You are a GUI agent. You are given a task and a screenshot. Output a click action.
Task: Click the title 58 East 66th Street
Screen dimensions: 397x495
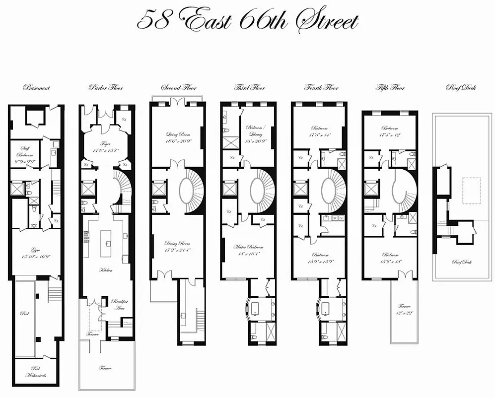coord(247,21)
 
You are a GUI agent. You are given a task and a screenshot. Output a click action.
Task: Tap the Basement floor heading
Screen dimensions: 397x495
coord(36,88)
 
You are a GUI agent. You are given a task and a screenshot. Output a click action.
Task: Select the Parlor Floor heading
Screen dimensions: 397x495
coord(106,88)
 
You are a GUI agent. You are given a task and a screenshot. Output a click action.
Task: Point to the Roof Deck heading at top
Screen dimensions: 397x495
coord(462,88)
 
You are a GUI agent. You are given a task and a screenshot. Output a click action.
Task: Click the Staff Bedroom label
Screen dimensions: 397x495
coord(25,150)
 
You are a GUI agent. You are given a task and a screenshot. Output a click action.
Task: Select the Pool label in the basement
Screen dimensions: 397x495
coord(24,314)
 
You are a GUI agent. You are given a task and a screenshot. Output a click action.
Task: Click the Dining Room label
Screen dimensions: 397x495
coord(177,247)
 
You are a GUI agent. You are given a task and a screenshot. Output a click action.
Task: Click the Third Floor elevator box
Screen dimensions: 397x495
coord(230,189)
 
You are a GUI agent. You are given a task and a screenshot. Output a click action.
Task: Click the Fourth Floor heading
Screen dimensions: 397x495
coord(321,88)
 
